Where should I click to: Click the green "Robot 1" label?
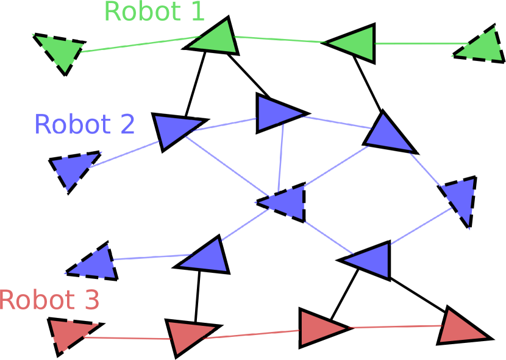pyautogui.click(x=154, y=12)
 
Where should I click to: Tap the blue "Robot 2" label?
pyautogui.click(x=84, y=125)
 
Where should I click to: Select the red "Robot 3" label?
pyautogui.click(x=49, y=300)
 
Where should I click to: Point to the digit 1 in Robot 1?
pyautogui.click(x=198, y=12)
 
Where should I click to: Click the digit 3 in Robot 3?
pyautogui.click(x=91, y=300)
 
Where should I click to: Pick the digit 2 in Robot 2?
pyautogui.click(x=127, y=125)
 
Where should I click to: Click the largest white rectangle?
pyautogui.click(x=226, y=166)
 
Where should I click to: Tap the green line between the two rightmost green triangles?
pyautogui.click(x=421, y=43)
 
